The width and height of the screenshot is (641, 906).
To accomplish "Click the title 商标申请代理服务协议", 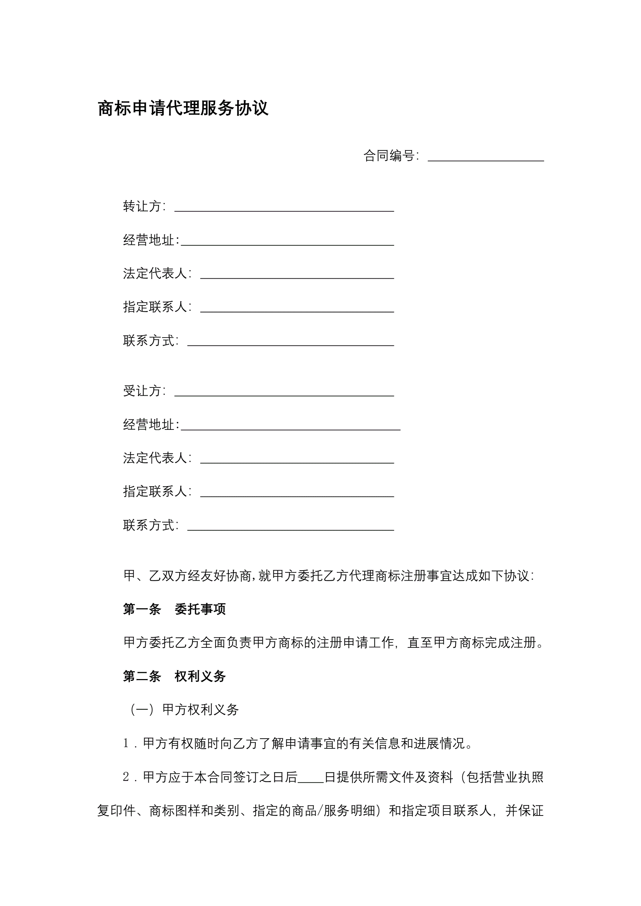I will click(183, 108).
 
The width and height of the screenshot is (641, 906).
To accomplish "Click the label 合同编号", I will click(389, 156).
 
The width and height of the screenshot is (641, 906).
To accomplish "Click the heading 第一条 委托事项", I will click(174, 609).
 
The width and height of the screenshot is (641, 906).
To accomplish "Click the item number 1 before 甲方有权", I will click(126, 743).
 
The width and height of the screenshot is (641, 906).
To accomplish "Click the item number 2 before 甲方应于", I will click(126, 777).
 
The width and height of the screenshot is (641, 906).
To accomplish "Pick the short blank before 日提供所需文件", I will click(311, 780).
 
